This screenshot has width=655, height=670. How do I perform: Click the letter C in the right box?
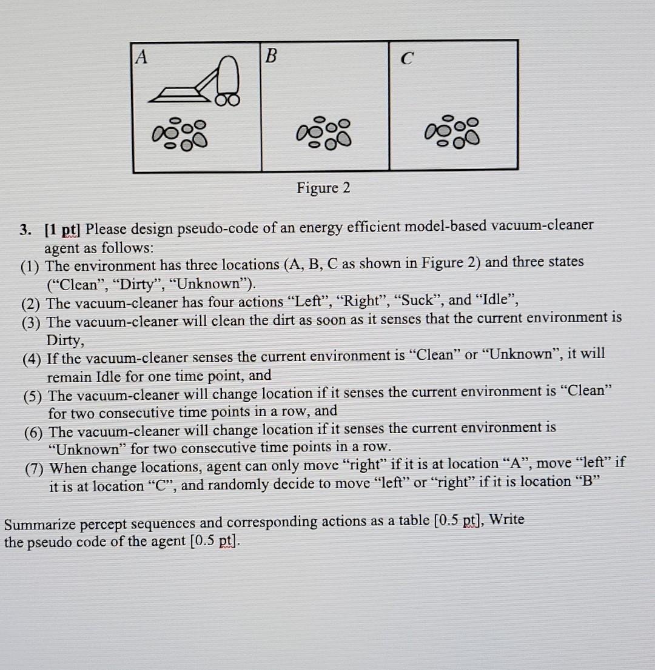pyautogui.click(x=408, y=58)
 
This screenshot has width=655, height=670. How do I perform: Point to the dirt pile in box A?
pyautogui.click(x=179, y=133)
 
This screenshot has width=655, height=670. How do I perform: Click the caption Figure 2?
pyautogui.click(x=323, y=188)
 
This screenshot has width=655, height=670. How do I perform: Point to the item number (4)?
pyautogui.click(x=33, y=359)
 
